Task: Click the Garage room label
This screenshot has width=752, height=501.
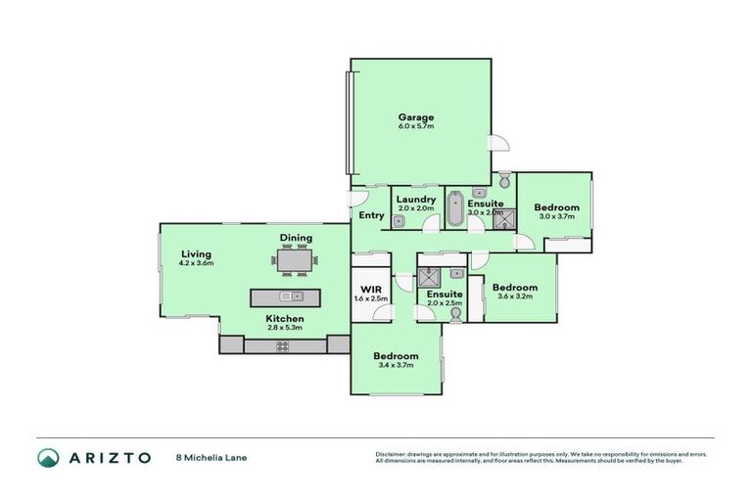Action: [x=415, y=117]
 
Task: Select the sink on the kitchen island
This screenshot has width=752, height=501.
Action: [x=287, y=296]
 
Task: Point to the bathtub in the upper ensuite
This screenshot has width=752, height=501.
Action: [x=456, y=210]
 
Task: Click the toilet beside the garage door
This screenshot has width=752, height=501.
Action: [x=504, y=181]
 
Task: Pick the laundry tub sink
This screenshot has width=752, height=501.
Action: [x=399, y=221]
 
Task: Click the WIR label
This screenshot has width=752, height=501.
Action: [x=371, y=290]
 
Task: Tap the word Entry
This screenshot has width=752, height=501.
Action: [x=371, y=215]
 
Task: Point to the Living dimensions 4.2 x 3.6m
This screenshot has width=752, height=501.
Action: [x=196, y=263]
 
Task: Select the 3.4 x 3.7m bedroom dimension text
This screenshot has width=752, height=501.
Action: [x=397, y=365]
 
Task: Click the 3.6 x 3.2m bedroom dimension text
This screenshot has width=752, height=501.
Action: [x=515, y=296]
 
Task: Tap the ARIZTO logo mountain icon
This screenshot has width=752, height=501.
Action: [x=47, y=457]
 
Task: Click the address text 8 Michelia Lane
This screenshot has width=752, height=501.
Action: [x=205, y=457]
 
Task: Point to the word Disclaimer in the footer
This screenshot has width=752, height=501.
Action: [x=392, y=454]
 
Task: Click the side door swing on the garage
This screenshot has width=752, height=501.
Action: [x=499, y=143]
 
